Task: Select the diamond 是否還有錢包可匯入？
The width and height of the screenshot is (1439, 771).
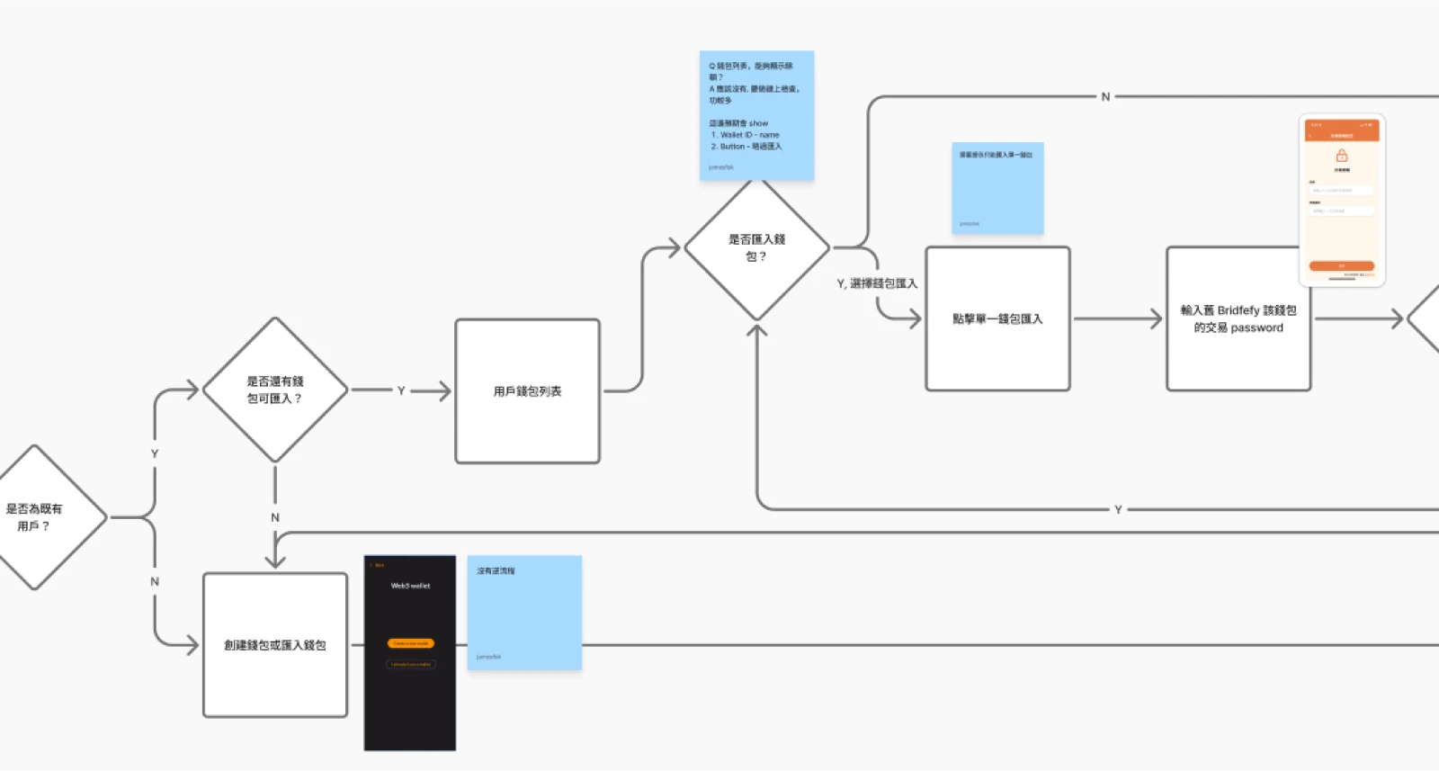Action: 275,390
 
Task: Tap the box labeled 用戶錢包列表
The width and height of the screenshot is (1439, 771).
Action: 527,391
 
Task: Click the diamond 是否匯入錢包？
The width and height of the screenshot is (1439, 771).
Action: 756,248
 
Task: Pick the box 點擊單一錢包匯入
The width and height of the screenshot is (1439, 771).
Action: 997,319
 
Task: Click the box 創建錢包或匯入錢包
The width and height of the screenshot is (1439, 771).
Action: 275,645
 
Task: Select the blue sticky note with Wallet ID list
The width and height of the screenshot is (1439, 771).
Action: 756,115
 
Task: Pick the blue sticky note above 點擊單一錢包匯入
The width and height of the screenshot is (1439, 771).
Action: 997,189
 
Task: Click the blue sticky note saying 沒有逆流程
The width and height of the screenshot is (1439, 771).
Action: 524,613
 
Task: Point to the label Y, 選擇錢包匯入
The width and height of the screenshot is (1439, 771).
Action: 877,283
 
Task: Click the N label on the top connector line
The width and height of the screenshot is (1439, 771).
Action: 1105,96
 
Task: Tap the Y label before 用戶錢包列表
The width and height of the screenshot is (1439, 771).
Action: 401,390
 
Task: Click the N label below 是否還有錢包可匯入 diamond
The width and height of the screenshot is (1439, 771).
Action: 275,517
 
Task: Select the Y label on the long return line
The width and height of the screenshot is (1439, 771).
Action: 1118,509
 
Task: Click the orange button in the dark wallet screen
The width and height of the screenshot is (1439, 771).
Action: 410,643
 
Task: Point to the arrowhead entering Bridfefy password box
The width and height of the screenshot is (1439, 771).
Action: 1156,318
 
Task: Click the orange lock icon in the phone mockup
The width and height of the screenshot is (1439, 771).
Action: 1341,156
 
